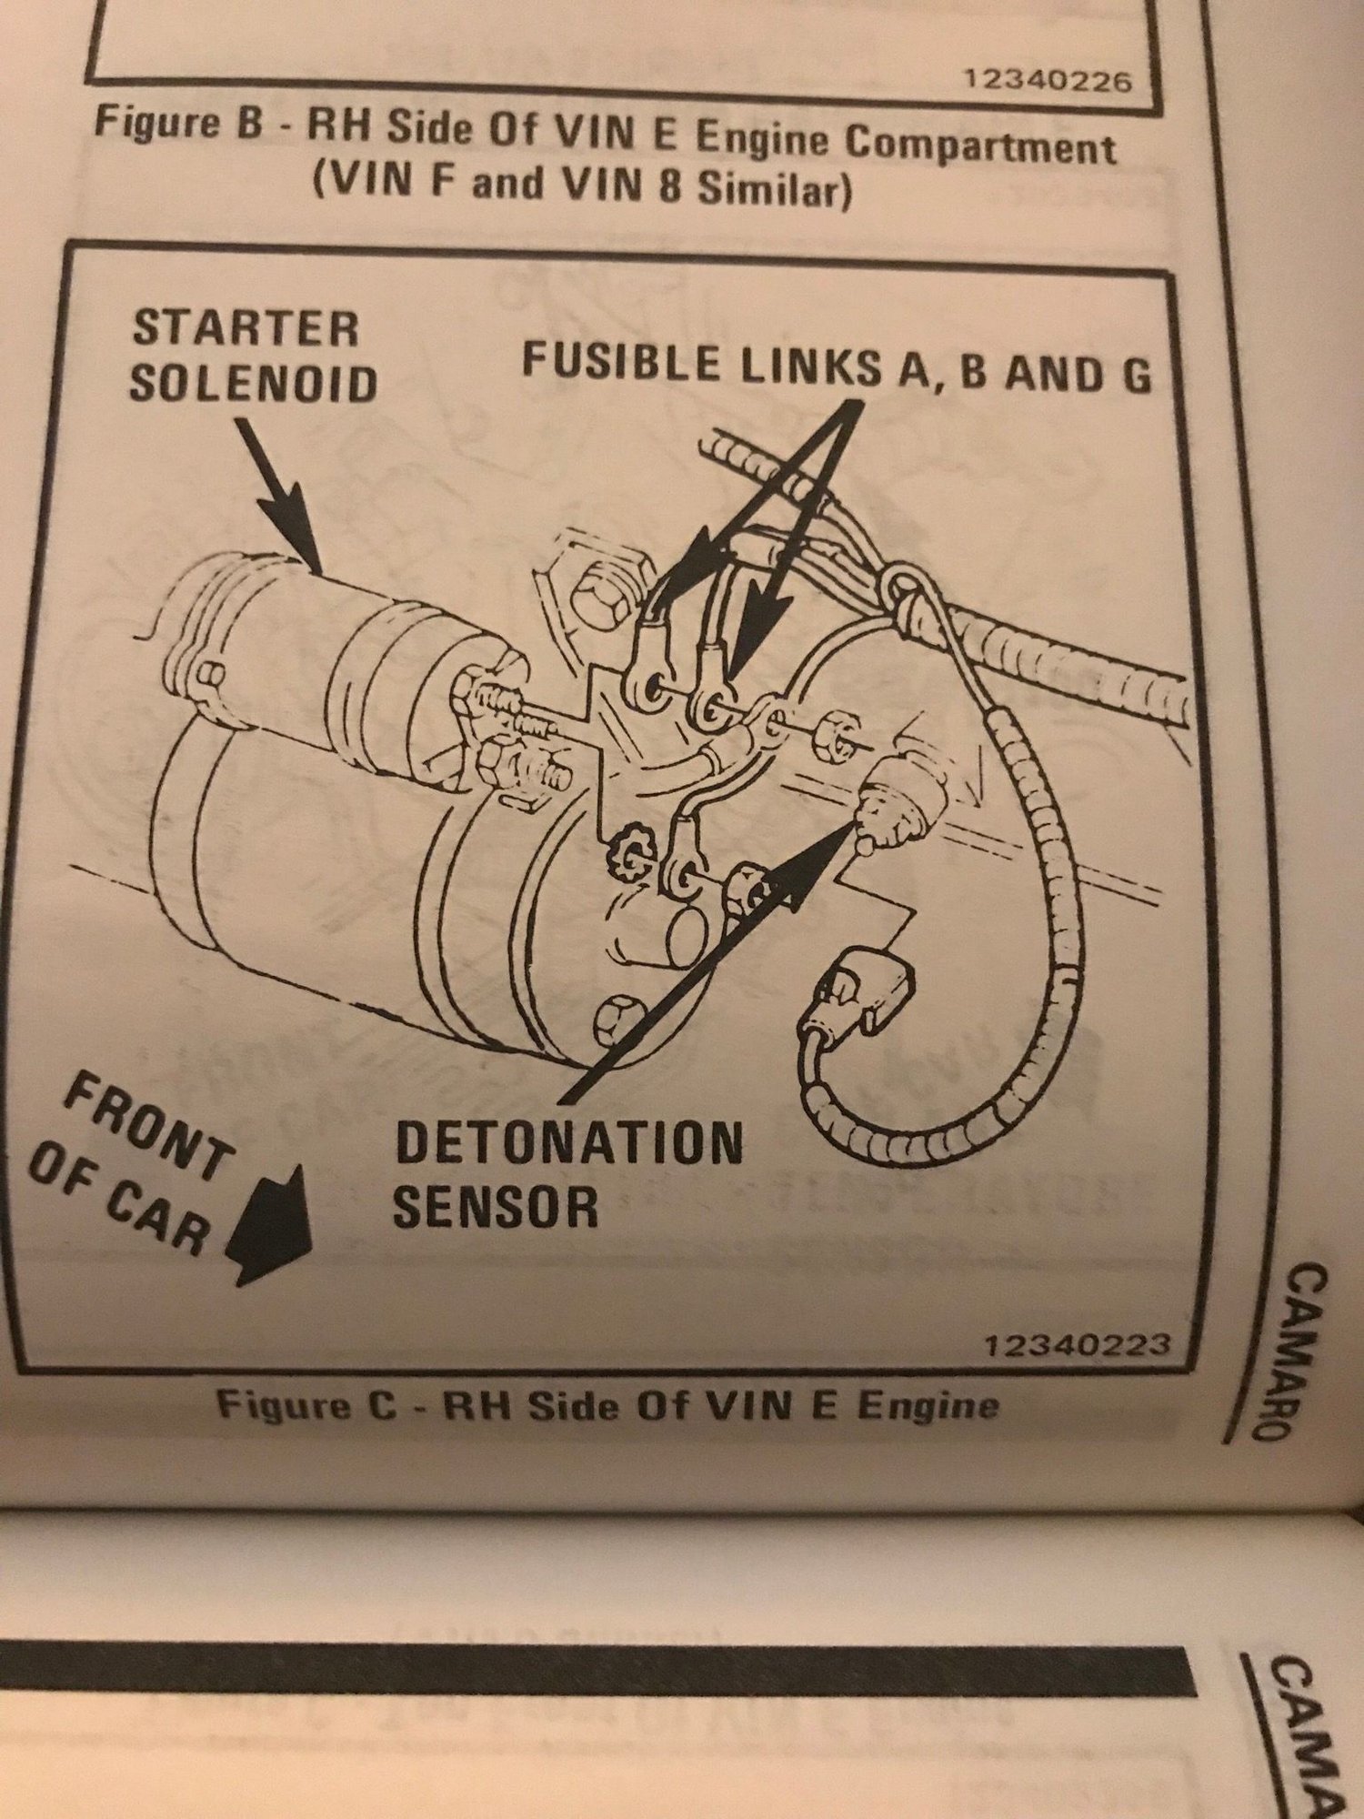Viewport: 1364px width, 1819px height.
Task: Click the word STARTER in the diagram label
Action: [x=245, y=327]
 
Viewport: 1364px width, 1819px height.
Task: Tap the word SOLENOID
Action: [x=253, y=383]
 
